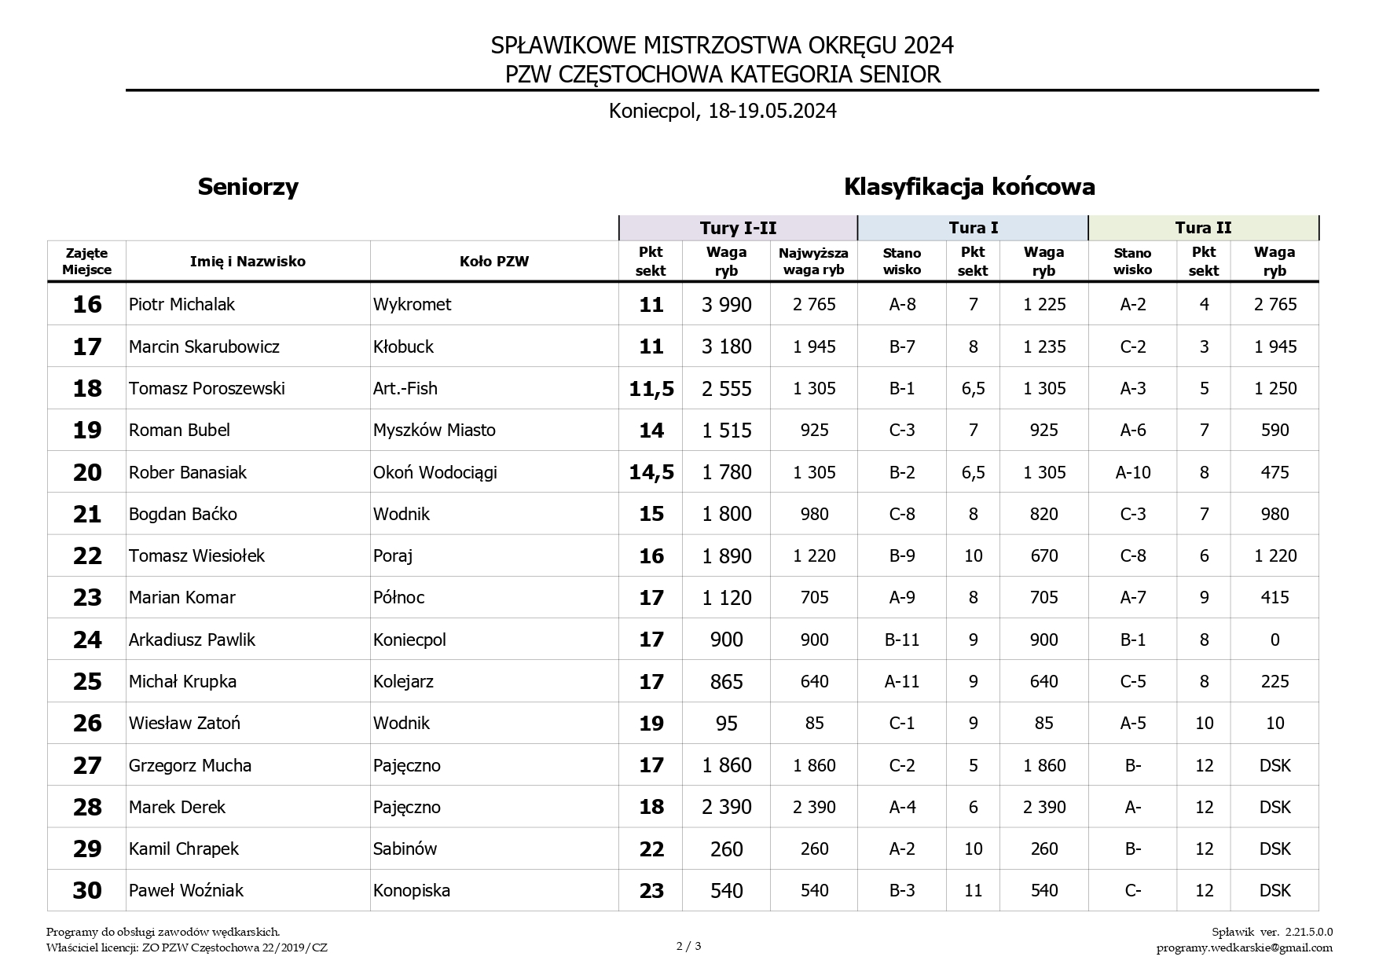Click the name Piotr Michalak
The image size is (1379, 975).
[182, 305]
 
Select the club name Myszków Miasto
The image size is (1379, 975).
[434, 431]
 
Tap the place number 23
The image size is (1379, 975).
[87, 598]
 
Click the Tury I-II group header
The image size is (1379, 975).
[738, 228]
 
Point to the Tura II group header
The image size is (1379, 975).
[1203, 228]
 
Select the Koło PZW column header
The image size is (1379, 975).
[494, 262]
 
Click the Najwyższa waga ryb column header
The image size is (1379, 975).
[813, 262]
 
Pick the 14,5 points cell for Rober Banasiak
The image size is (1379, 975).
[651, 472]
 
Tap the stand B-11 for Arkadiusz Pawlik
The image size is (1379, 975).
[901, 640]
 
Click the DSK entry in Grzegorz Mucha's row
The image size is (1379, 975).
[1274, 766]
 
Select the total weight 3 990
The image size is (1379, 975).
[726, 305]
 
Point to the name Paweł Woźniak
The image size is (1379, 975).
[186, 891]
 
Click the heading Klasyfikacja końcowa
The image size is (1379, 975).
[969, 187]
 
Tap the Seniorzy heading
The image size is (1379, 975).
[248, 187]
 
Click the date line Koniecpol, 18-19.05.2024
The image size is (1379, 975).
[722, 111]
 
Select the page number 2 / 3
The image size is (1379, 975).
[688, 946]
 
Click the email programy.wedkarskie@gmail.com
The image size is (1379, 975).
[1244, 948]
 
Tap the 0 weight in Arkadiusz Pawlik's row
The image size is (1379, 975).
[1274, 640]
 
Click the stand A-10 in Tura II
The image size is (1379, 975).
[1132, 472]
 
